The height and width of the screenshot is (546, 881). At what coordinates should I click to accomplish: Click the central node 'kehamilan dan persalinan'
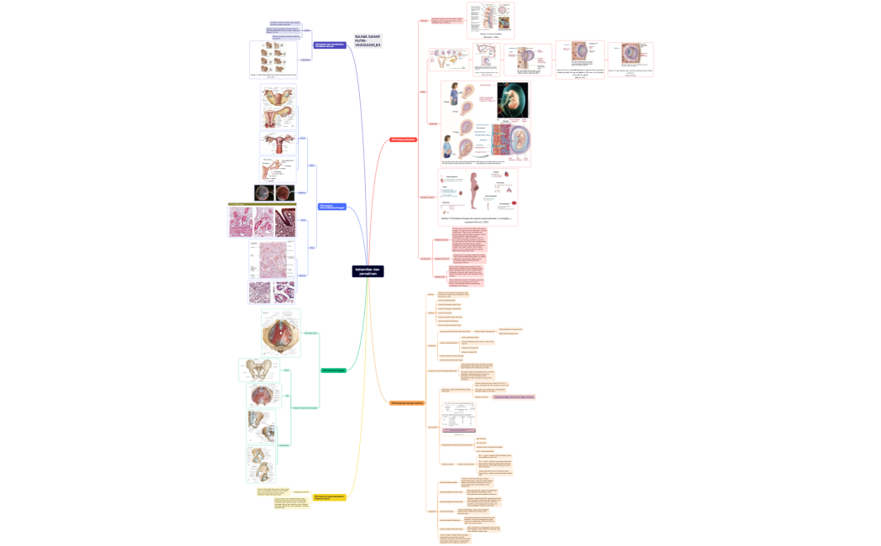click(x=368, y=271)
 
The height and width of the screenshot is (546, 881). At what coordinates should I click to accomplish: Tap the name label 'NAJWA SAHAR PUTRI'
click(x=368, y=39)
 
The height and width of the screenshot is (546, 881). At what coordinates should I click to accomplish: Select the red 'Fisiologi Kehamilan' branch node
click(x=403, y=139)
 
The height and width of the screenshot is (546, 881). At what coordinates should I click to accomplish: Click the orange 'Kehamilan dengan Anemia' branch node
click(x=407, y=403)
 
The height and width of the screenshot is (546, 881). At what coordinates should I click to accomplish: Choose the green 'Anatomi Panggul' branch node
click(x=333, y=370)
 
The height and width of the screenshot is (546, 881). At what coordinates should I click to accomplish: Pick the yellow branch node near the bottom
click(x=330, y=497)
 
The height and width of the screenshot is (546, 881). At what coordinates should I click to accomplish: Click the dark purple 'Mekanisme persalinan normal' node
click(x=329, y=45)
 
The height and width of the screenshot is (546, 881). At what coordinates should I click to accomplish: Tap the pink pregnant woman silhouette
click(x=477, y=186)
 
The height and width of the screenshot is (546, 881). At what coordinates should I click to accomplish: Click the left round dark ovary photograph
click(x=263, y=193)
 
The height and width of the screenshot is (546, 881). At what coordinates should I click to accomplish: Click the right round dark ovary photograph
click(x=285, y=193)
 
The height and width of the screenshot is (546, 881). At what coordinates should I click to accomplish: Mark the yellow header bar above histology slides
click(x=262, y=204)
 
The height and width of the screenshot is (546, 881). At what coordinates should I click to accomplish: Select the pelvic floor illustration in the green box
click(x=280, y=333)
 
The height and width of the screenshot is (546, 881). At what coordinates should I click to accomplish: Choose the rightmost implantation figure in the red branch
click(x=629, y=58)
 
